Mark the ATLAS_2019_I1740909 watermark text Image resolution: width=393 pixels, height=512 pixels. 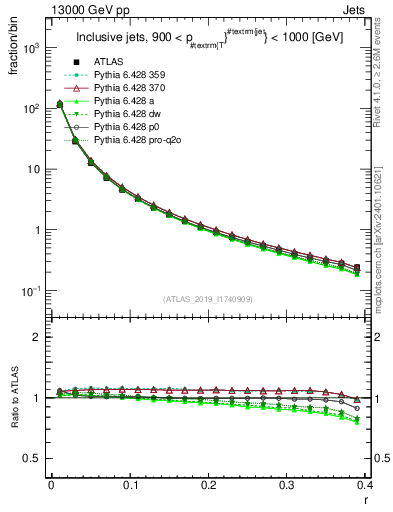click(x=209, y=299)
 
